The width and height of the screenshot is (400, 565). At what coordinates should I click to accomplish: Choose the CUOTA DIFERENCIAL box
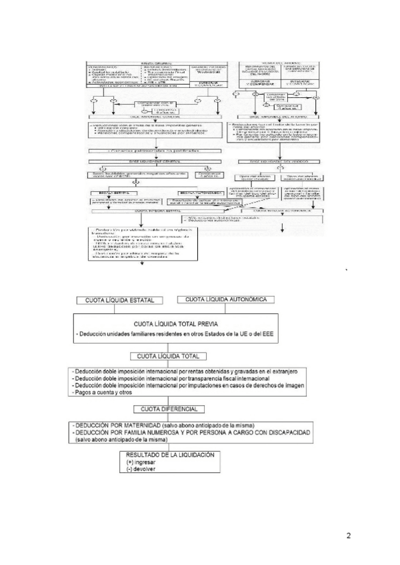pyautogui.click(x=167, y=409)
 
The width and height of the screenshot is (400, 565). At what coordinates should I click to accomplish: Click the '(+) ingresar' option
pyautogui.click(x=142, y=461)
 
